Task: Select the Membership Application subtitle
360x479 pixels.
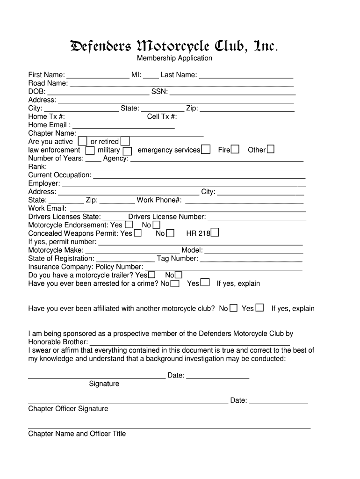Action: [174, 58]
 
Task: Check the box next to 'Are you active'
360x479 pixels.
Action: [82, 141]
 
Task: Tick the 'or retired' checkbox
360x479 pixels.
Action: [125, 141]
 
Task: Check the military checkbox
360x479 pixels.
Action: [127, 151]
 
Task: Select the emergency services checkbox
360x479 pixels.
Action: [206, 150]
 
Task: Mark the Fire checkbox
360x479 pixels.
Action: [235, 150]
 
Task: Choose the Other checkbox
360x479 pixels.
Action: [270, 150]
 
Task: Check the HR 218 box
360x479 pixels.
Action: [215, 233]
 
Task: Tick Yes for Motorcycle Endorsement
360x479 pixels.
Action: [129, 225]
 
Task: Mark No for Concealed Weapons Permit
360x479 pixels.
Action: [170, 233]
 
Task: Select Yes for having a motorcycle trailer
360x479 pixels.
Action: [152, 275]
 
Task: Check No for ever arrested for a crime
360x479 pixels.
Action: [175, 283]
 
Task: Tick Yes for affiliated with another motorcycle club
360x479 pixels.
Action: [259, 308]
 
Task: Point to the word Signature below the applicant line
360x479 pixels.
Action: [104, 384]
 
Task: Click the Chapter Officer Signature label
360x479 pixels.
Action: [68, 409]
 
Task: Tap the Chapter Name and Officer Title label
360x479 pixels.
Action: [77, 434]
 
